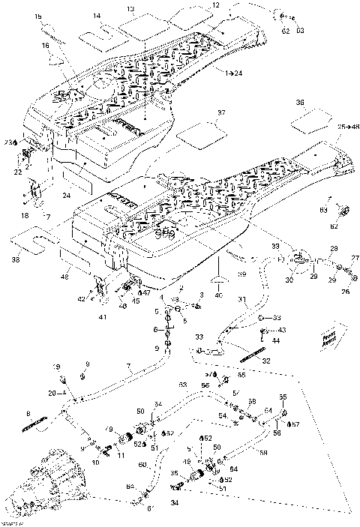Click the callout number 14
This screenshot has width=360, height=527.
point(97,16)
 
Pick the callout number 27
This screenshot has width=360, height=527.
point(355,258)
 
